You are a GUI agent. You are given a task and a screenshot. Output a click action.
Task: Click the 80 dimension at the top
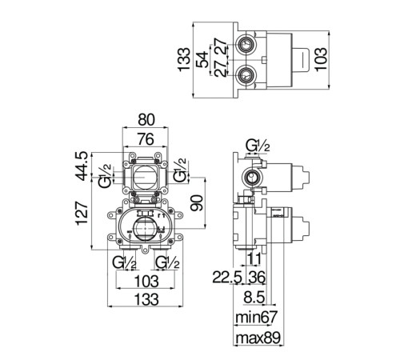[146, 120]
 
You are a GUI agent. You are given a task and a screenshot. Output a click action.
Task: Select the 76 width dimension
[146, 139]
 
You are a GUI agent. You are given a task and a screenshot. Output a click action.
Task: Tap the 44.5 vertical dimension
[82, 166]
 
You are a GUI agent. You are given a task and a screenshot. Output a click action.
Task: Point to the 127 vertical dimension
[82, 214]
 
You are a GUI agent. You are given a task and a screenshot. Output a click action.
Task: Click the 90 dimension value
[198, 202]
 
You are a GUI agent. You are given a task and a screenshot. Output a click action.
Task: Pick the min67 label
[257, 317]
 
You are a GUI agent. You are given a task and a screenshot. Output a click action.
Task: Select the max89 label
[258, 338]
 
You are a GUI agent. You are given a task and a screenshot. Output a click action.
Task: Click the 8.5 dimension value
[254, 297]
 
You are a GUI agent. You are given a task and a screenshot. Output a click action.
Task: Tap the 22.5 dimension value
[227, 278]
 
